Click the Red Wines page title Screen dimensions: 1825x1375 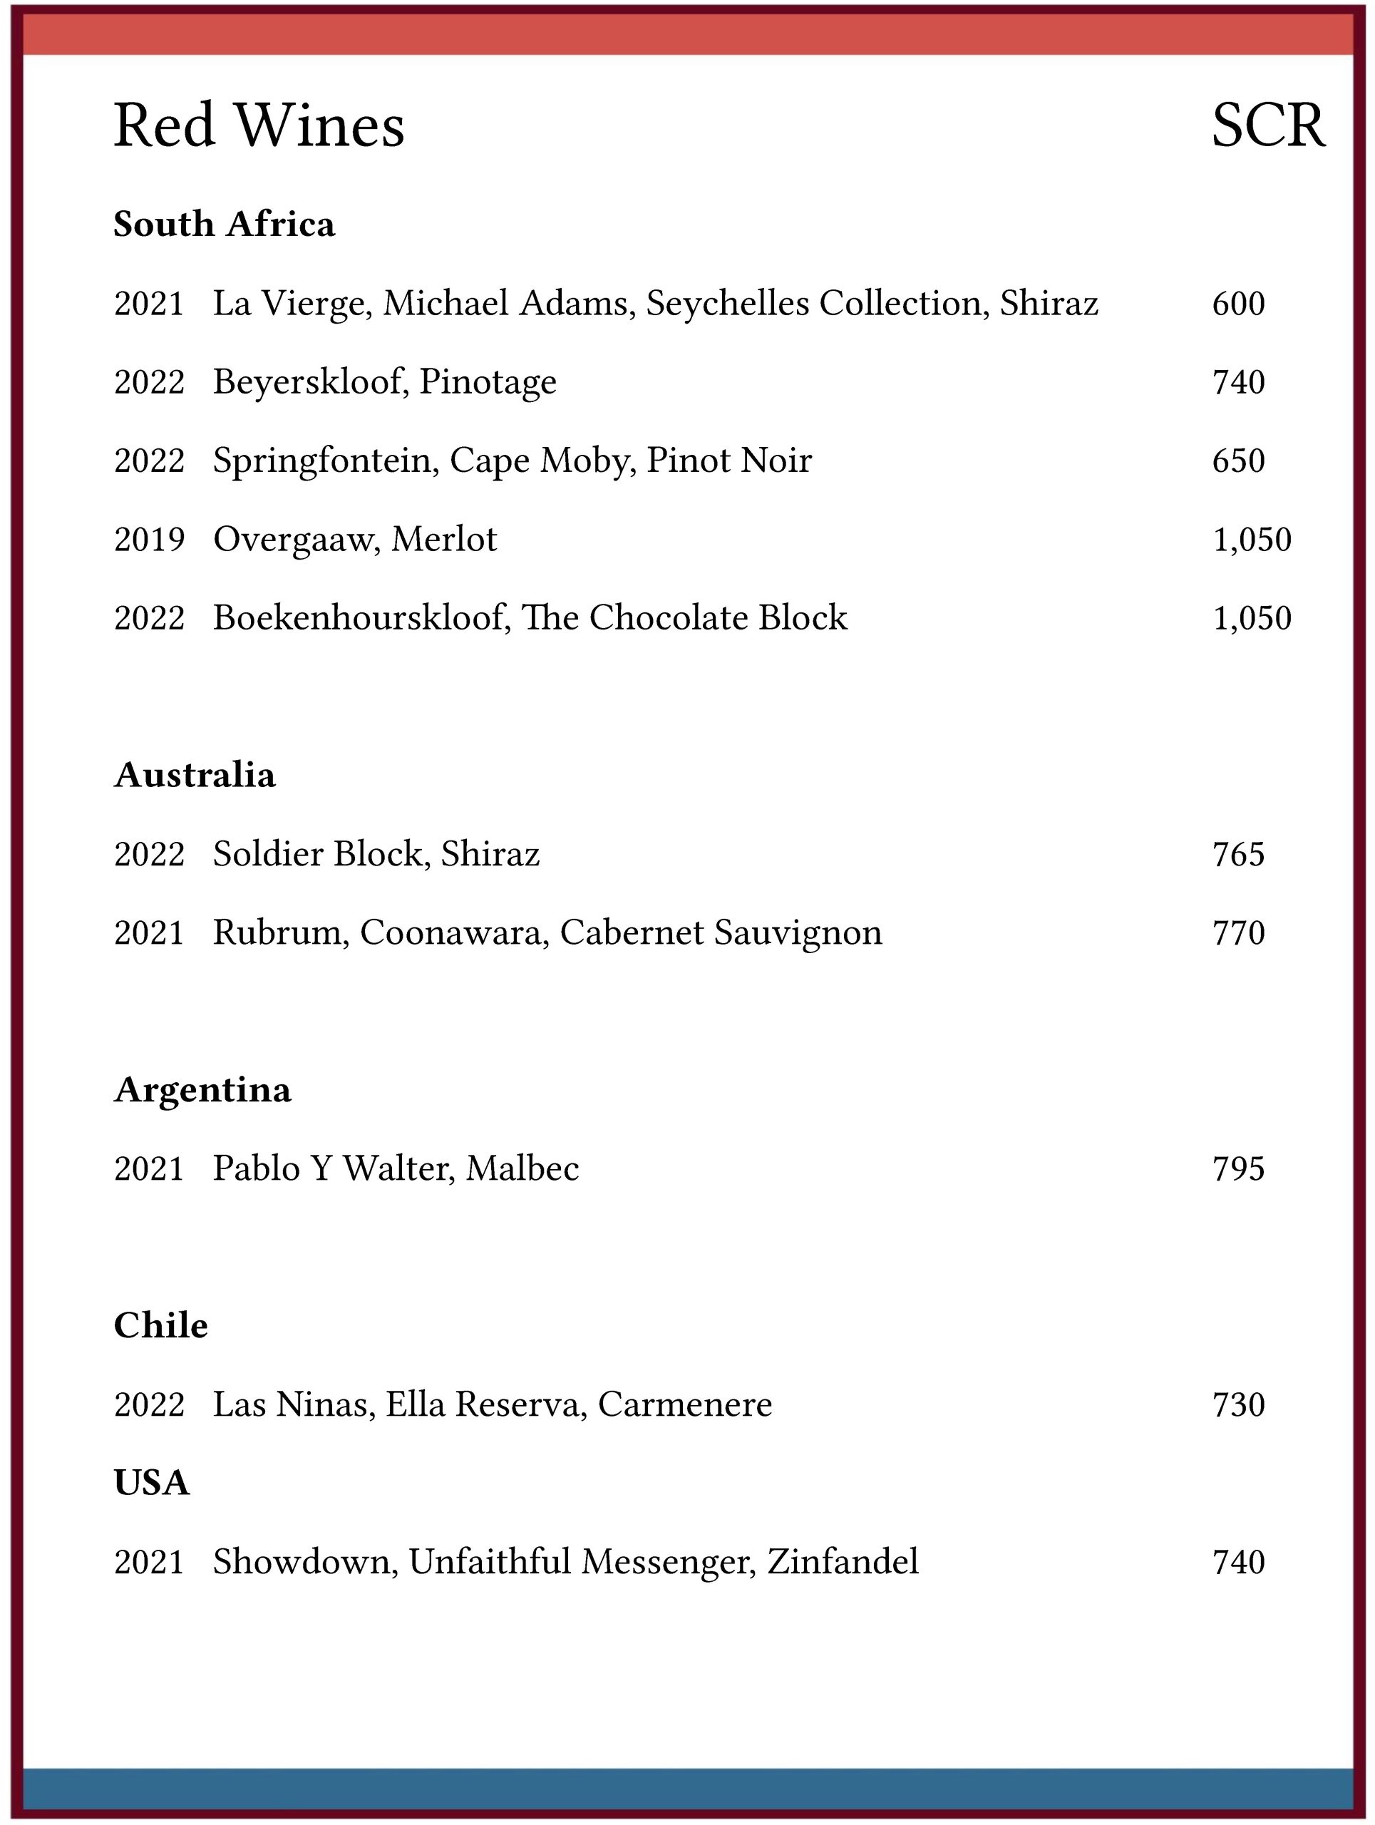pyautogui.click(x=258, y=125)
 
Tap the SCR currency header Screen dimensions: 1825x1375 pyautogui.click(x=1268, y=125)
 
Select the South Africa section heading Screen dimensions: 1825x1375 pyautogui.click(x=224, y=225)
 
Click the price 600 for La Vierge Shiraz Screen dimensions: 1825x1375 pyautogui.click(x=1238, y=304)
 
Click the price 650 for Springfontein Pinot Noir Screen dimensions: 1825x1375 pyautogui.click(x=1238, y=461)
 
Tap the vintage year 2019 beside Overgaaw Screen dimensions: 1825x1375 pyautogui.click(x=149, y=540)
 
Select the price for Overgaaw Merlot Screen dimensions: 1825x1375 pyautogui.click(x=1251, y=540)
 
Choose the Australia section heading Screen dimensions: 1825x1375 pyautogui.click(x=195, y=775)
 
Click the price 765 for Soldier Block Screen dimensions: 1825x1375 pyautogui.click(x=1238, y=854)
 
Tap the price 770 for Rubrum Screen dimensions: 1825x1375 pyautogui.click(x=1238, y=933)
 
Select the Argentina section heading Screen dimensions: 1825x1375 pyautogui.click(x=202, y=1090)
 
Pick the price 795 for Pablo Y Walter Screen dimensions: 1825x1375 pyautogui.click(x=1238, y=1169)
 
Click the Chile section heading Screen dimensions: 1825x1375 pyautogui.click(x=161, y=1326)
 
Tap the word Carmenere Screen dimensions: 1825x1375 pyautogui.click(x=684, y=1404)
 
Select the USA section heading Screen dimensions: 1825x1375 pyautogui.click(x=152, y=1483)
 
